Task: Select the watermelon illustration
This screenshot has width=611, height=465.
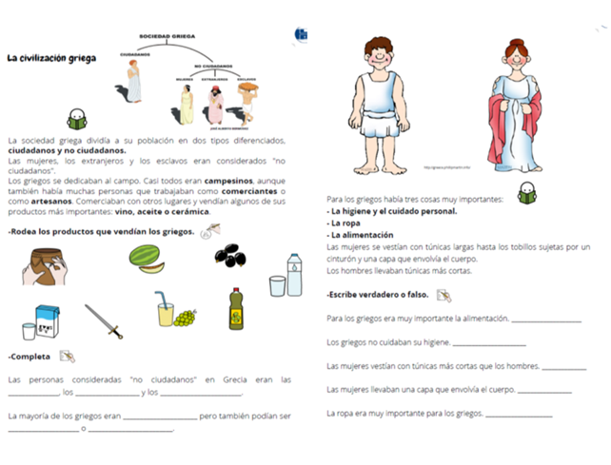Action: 146,260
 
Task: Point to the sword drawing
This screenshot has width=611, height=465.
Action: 103,320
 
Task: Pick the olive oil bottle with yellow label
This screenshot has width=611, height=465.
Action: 237,308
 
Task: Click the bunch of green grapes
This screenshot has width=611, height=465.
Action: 184,318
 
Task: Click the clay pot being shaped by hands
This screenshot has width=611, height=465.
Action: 45,266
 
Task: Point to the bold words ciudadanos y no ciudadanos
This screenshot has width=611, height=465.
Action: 66,150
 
